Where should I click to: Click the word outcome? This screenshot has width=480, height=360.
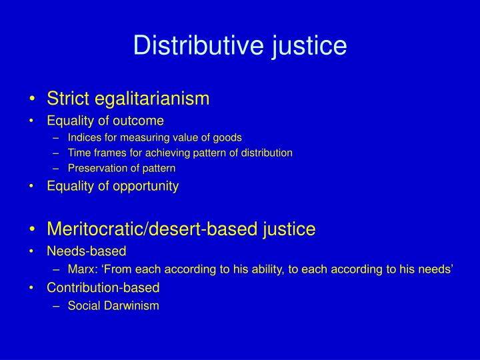pos(140,121)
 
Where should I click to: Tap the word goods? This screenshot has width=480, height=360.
pos(228,137)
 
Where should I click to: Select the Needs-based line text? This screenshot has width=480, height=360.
pos(86,251)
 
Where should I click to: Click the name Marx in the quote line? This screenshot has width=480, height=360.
pos(81,269)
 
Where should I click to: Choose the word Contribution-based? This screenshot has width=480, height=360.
pos(103,288)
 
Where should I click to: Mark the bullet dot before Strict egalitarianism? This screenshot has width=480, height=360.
pos(34,99)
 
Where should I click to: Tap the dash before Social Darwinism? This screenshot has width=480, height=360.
pos(58,306)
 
